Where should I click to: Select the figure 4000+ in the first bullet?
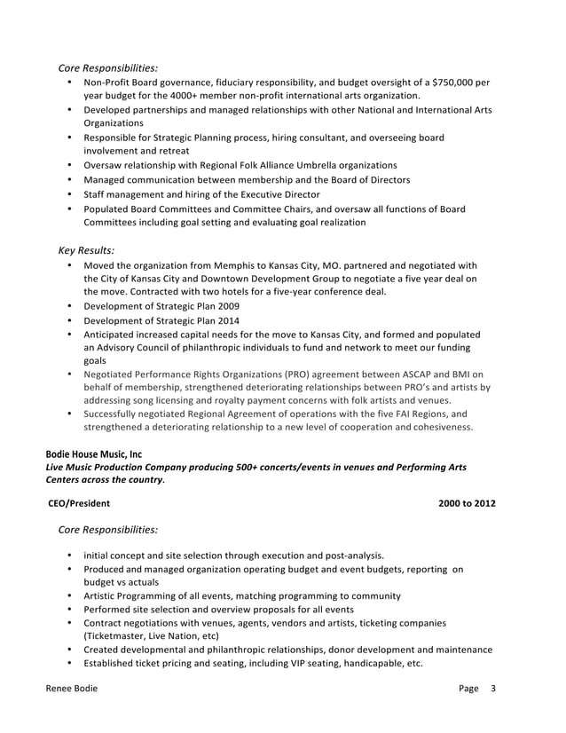tap(190, 96)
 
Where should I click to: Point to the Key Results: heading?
tap(86, 249)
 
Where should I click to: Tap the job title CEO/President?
tap(79, 503)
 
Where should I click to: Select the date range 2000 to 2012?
tap(467, 503)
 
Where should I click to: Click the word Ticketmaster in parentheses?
tap(118, 635)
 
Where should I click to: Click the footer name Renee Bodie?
tap(73, 688)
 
